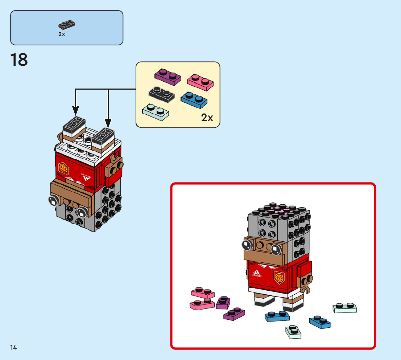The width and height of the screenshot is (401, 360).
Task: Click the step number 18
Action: [19, 60]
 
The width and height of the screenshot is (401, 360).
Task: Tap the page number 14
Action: [13, 347]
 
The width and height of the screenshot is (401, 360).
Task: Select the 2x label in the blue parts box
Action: [62, 34]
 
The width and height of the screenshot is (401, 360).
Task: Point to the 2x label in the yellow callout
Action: [207, 118]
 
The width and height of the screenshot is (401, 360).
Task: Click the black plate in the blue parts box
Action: [66, 25]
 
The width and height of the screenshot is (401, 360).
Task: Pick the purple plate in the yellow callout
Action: [168, 77]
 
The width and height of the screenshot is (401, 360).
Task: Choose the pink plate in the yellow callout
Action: [200, 82]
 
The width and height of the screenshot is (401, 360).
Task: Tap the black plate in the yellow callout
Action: [162, 94]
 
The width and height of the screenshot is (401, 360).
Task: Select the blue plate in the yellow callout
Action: [194, 100]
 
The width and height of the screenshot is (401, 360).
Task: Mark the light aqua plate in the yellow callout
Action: [156, 112]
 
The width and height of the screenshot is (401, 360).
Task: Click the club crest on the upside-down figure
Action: [63, 168]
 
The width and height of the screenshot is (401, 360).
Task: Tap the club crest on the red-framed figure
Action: [279, 277]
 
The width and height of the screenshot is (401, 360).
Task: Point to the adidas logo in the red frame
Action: [256, 274]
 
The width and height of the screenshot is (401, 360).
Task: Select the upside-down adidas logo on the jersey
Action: [86, 177]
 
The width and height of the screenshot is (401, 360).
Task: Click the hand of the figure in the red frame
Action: [306, 284]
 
